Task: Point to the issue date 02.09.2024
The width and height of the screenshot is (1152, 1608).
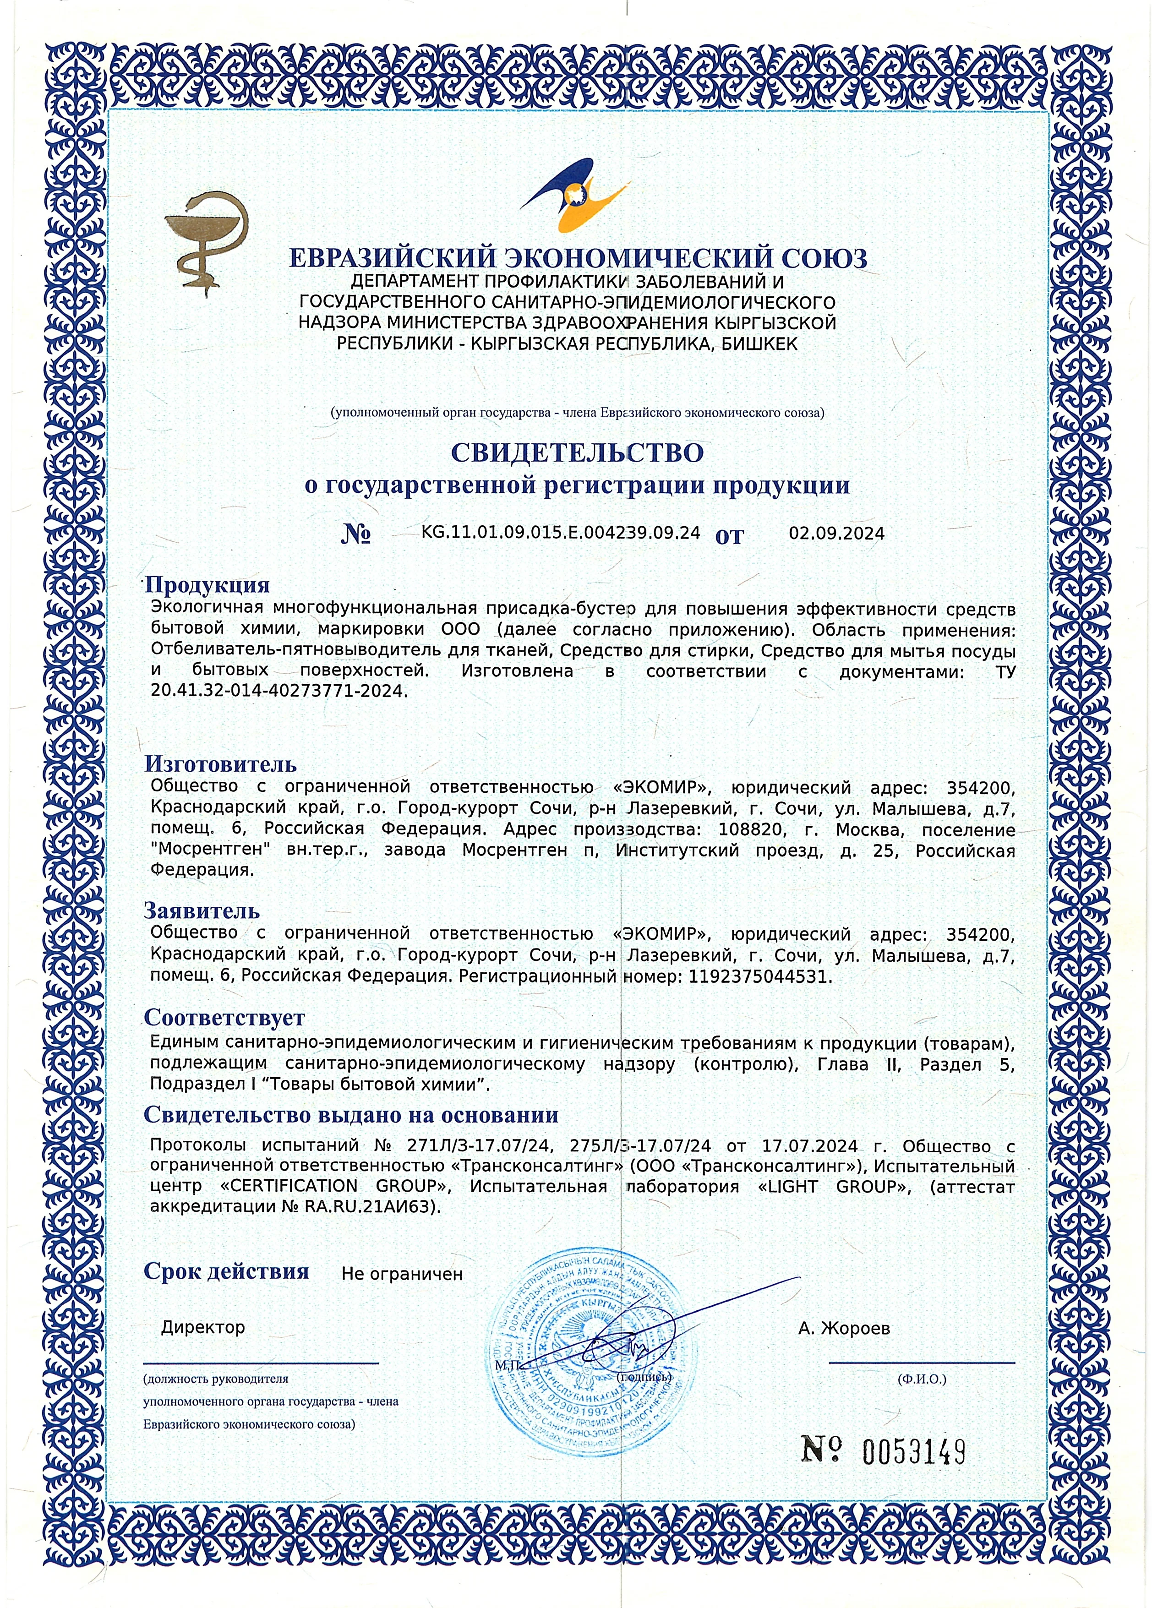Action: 836,534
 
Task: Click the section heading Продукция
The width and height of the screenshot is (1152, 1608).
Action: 207,585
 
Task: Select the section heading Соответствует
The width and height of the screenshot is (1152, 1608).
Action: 224,1017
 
